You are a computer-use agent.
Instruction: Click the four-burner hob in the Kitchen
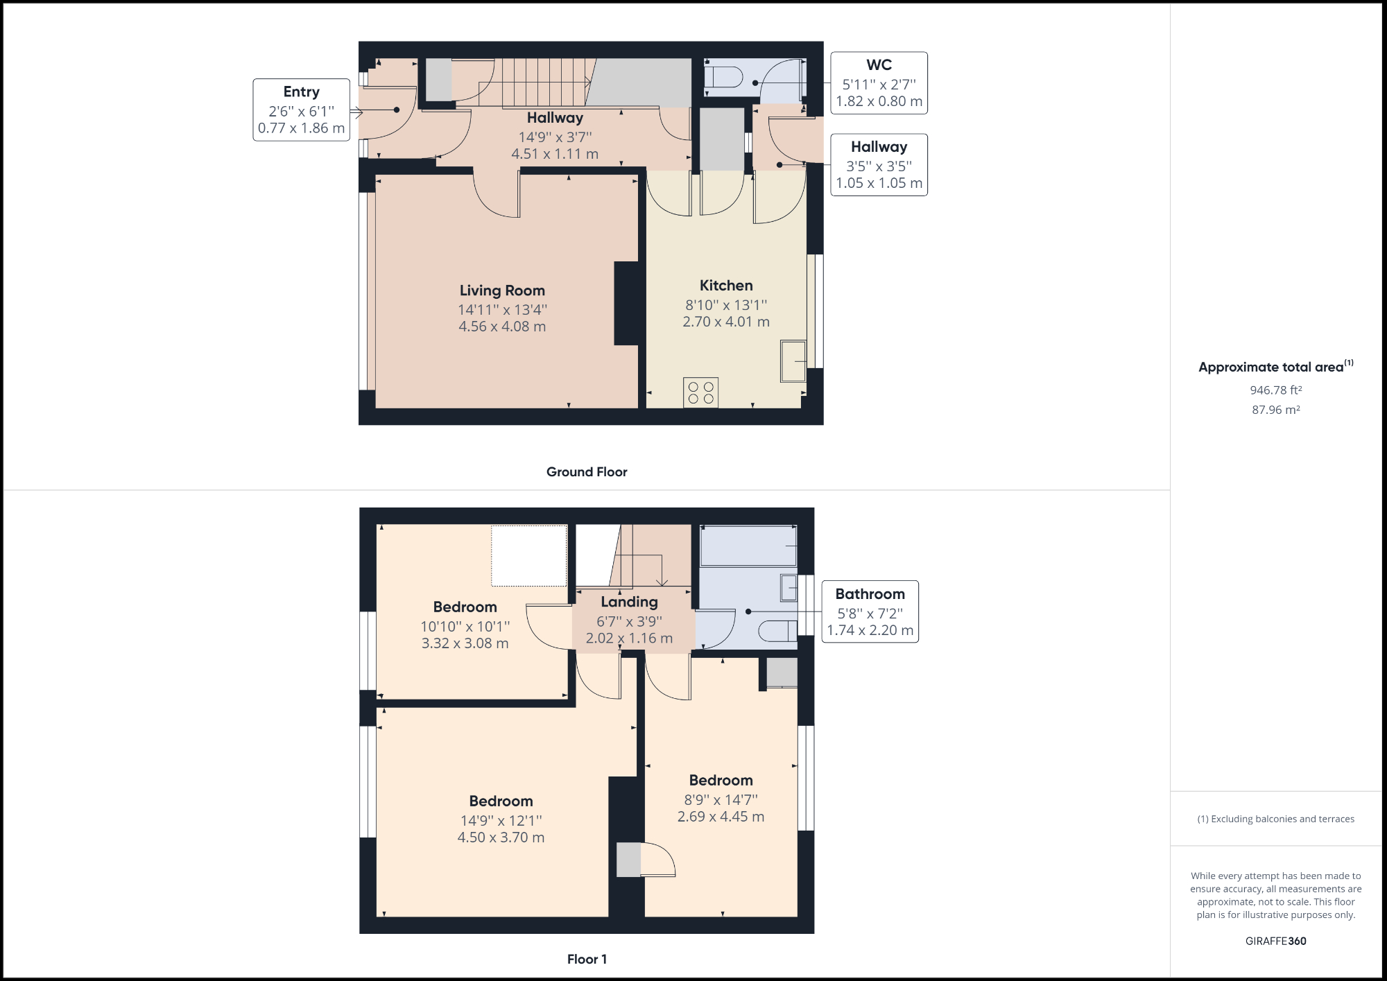tap(700, 392)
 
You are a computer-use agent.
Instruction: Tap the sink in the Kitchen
tap(793, 361)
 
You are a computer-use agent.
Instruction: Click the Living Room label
tap(502, 290)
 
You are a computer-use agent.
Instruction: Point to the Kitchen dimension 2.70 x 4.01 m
tap(726, 322)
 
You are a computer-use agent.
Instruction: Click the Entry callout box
tap(301, 110)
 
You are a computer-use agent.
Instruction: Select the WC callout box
tap(879, 83)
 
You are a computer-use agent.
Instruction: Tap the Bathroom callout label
tap(870, 594)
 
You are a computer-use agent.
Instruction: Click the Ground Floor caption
tap(587, 472)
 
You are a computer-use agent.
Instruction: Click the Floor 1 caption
tap(587, 960)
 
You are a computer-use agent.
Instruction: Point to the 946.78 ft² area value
tap(1275, 390)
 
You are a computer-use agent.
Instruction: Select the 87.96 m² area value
tap(1275, 410)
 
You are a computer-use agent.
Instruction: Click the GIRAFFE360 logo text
tap(1275, 941)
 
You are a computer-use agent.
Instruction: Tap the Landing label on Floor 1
tap(629, 602)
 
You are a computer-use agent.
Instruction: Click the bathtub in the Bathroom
tap(748, 546)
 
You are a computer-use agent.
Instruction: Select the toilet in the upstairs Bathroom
tap(777, 631)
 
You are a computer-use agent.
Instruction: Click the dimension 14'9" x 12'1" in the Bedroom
tap(501, 821)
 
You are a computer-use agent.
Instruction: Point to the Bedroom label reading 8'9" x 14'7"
tap(721, 781)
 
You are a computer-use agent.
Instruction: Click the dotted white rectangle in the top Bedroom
tap(529, 555)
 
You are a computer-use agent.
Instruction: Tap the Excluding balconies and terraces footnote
tap(1275, 819)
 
